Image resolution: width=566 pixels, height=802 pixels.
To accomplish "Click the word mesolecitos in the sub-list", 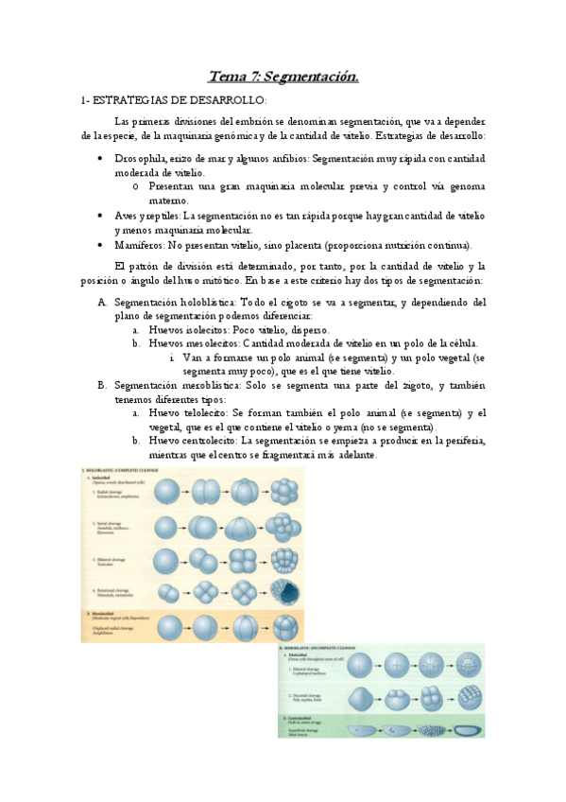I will point(209,343).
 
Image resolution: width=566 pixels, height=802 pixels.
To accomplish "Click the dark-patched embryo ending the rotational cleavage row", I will point(284,593).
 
